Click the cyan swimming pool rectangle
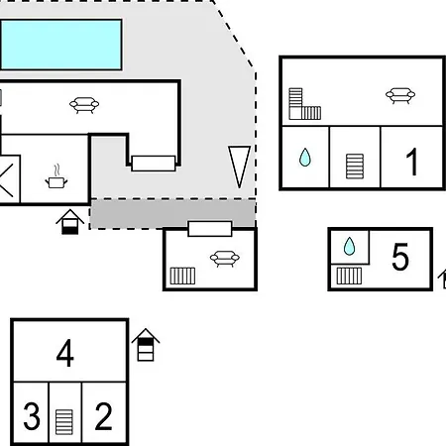(x=61, y=45)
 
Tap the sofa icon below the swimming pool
(x=84, y=105)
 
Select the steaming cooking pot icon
(x=56, y=176)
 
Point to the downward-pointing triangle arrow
(x=239, y=167)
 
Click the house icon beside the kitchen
(x=70, y=222)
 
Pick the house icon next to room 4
(x=146, y=345)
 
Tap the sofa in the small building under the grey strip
(x=225, y=259)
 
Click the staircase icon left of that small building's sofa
(x=182, y=276)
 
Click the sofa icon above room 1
(x=400, y=96)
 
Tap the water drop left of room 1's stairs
(x=305, y=158)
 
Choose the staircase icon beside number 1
(x=355, y=167)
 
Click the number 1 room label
(x=411, y=162)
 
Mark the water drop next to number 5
(x=349, y=247)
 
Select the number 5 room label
(x=400, y=257)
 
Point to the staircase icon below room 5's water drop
(x=349, y=276)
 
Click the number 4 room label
(x=65, y=353)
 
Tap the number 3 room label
(x=32, y=416)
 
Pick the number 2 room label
(x=103, y=416)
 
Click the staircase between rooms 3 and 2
(x=64, y=422)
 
